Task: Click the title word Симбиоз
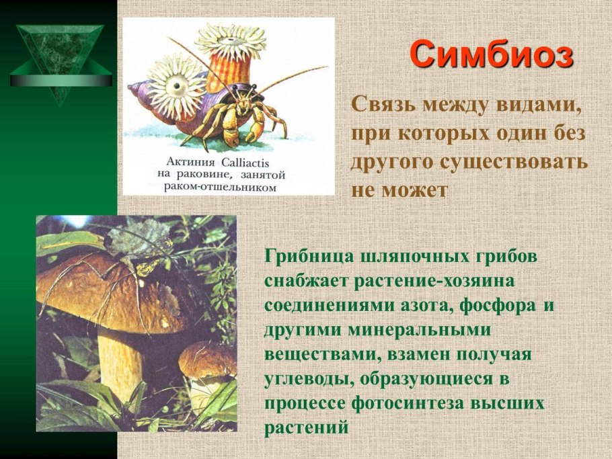tap(492, 54)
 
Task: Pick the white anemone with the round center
tap(176, 86)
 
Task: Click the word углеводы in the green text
tap(307, 380)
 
